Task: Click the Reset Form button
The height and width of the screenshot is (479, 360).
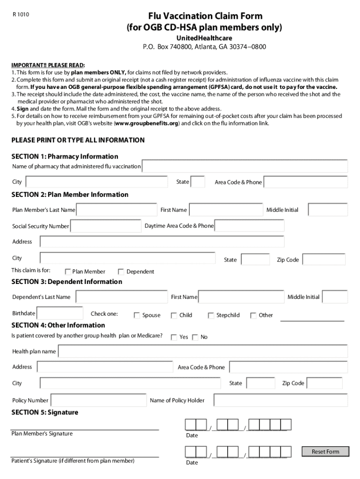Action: tap(325, 451)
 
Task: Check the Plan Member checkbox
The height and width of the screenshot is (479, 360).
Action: tap(68, 272)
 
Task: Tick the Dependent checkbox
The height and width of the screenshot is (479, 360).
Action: tap(121, 272)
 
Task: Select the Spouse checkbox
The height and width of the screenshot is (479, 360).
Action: tap(137, 315)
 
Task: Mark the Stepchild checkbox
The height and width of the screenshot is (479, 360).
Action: tap(211, 315)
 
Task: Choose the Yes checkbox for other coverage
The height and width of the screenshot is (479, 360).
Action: tap(174, 337)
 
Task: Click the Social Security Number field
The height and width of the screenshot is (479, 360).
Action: tap(105, 226)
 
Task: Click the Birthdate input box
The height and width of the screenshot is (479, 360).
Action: tap(60, 313)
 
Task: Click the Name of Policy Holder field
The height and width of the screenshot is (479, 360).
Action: tap(280, 400)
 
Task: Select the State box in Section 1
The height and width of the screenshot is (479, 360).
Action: tap(198, 182)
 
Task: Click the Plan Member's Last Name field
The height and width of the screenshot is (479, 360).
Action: tap(117, 210)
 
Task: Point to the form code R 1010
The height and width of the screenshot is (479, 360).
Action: tap(21, 15)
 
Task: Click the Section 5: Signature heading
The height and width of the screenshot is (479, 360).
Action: tap(45, 412)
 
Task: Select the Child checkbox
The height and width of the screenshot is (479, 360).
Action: tap(174, 315)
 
